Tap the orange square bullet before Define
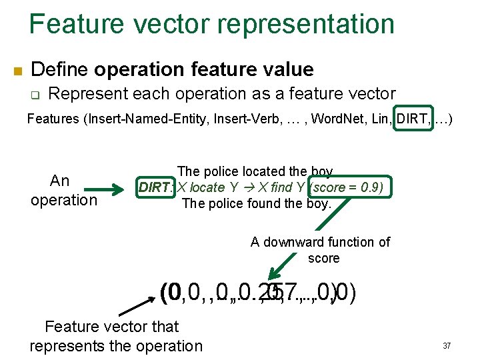tap(18, 71)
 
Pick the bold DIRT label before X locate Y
tap(154, 187)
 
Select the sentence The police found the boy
tap(256, 203)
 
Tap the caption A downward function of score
tap(321, 249)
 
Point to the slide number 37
tap(446, 346)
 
